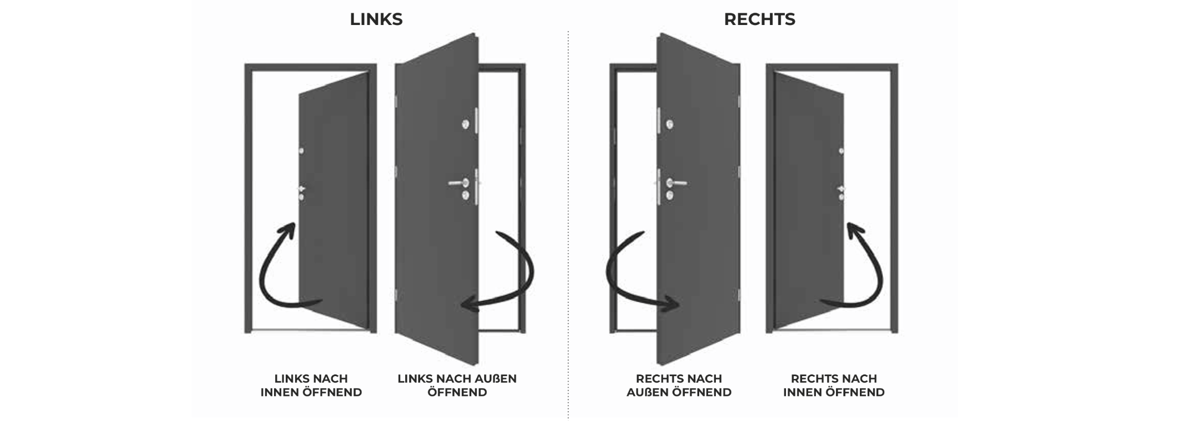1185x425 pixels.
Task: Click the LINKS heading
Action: click(376, 19)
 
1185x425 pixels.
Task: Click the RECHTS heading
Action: click(759, 19)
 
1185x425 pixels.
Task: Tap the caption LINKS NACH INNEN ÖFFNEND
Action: click(311, 386)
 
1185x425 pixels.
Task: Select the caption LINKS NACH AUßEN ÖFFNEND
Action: click(457, 386)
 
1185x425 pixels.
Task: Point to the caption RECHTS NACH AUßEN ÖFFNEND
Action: click(679, 386)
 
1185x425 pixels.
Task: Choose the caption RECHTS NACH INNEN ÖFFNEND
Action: click(834, 386)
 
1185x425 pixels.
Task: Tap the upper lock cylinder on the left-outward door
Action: click(465, 124)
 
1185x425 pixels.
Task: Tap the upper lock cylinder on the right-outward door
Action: click(670, 124)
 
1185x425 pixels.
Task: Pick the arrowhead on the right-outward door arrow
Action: click(673, 304)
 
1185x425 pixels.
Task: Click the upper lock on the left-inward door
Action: click(301, 151)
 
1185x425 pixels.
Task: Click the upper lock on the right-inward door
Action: click(842, 151)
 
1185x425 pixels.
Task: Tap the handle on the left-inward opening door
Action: click(302, 189)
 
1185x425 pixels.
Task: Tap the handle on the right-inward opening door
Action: click(841, 189)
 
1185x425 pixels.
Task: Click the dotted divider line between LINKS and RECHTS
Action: click(568, 222)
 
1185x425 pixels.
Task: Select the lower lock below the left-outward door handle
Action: click(465, 195)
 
